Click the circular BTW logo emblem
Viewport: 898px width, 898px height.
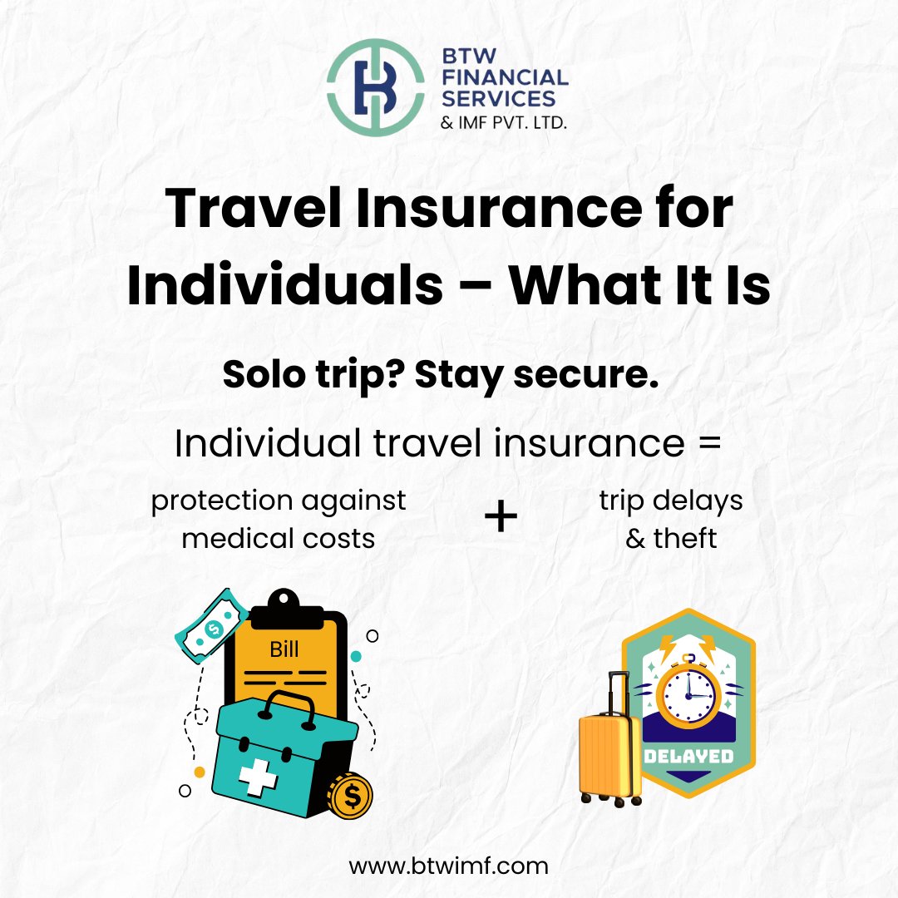point(374,87)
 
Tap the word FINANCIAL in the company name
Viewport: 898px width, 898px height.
point(508,77)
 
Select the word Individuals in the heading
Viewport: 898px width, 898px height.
point(284,284)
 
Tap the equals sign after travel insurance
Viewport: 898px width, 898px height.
point(708,445)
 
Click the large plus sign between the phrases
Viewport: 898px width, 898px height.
point(501,519)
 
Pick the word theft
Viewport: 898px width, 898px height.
point(684,538)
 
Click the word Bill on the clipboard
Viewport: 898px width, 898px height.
point(284,649)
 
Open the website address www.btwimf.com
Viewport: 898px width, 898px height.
point(449,866)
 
